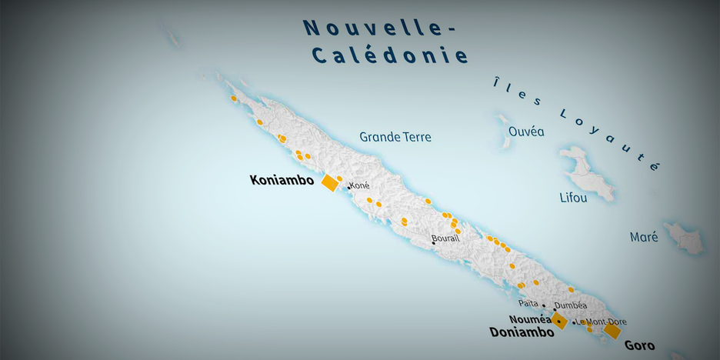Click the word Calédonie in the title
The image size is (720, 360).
[389, 55]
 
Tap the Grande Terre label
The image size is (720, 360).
[395, 137]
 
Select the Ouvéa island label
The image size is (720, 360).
[526, 132]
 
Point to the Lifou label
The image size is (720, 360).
[573, 198]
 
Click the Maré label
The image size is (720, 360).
[644, 237]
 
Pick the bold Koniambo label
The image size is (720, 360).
[282, 180]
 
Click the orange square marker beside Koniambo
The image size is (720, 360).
[330, 182]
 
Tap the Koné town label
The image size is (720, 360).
[360, 185]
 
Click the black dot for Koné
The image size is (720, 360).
[348, 187]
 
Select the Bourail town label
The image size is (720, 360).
[445, 238]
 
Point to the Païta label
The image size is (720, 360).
[529, 304]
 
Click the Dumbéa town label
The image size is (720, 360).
[570, 305]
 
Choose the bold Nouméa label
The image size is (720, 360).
[529, 319]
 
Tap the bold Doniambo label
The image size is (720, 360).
[522, 332]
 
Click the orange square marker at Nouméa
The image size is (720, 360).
[559, 321]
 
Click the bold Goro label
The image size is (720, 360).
[639, 345]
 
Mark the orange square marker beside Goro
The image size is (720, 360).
[612, 331]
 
